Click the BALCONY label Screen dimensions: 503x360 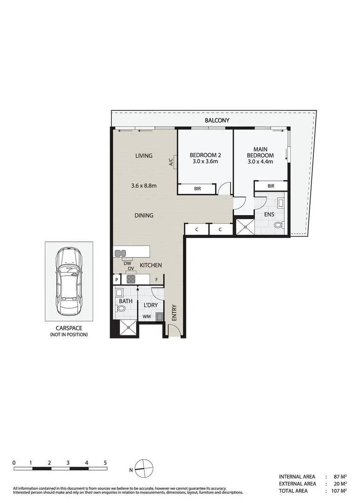(217, 121)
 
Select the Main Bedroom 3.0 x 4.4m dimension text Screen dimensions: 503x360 (260, 162)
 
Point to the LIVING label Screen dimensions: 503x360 (144, 156)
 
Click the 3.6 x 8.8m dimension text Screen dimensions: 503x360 (143, 186)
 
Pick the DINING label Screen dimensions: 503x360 (144, 216)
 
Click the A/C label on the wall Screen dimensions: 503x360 (171, 162)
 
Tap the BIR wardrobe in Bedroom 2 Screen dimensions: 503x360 (197, 189)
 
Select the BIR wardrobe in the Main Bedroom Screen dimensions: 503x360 (271, 186)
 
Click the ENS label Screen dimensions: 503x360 (269, 215)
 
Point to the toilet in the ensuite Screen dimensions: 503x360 (278, 225)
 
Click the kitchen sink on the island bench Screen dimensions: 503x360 (120, 253)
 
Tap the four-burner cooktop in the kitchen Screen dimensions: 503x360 (131, 279)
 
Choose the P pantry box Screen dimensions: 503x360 (116, 279)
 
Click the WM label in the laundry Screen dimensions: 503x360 (146, 317)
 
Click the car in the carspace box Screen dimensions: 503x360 (68, 281)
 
